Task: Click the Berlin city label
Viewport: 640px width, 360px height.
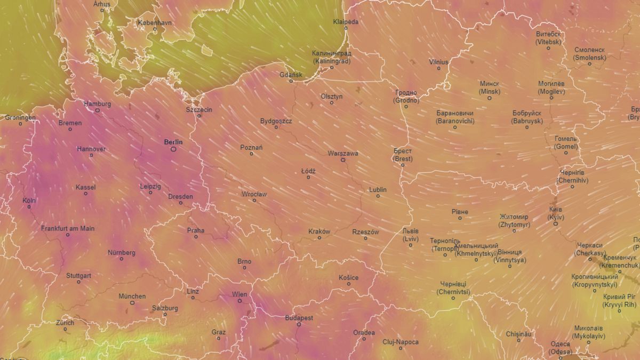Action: point(173,142)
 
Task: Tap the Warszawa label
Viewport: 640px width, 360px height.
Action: point(343,153)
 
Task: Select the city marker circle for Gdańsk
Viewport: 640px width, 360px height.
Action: point(291,81)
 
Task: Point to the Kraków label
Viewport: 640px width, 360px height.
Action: point(319,231)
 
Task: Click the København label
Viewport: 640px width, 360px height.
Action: point(155,23)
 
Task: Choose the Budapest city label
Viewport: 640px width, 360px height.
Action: point(299,317)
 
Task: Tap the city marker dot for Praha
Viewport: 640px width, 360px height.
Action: point(196,237)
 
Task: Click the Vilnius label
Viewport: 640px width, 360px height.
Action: point(439,62)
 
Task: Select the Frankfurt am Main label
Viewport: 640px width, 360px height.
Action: point(68,228)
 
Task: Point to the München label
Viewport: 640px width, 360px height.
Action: point(132,296)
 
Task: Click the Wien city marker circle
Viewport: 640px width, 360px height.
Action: point(240,301)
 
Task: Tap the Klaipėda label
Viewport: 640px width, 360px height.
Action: point(346,22)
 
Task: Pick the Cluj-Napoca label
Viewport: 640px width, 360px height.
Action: point(401,342)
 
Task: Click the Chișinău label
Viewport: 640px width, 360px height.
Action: point(518,334)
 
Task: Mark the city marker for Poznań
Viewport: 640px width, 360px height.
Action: point(252,154)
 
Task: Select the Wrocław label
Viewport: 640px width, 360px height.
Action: point(254,194)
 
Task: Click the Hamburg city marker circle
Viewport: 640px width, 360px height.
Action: point(98,110)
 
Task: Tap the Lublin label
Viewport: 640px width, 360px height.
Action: point(378,190)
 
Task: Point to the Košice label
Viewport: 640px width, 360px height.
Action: point(349,277)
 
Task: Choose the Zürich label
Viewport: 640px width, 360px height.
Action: point(65,323)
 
